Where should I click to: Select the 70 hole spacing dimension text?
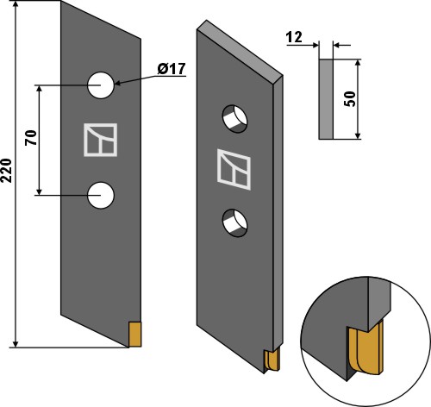coord(31,139)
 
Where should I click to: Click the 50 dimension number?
coord(350,97)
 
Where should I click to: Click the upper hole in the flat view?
coord(101,85)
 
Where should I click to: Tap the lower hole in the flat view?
coord(101,195)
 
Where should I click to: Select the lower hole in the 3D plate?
coord(234,223)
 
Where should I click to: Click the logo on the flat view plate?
coord(100,141)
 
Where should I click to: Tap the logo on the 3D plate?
coord(234,169)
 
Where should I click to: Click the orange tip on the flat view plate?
coord(134,332)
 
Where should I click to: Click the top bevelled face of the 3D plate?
coord(240,52)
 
